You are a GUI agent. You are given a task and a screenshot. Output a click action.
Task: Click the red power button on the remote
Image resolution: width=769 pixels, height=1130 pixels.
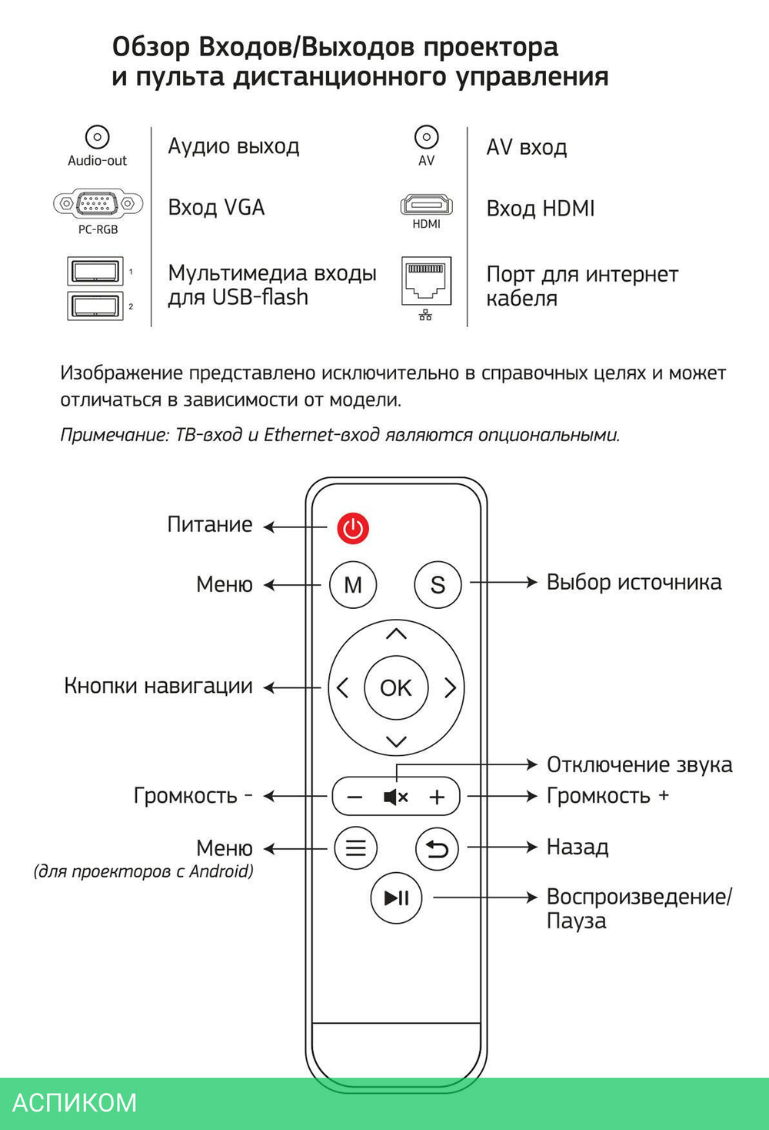(353, 528)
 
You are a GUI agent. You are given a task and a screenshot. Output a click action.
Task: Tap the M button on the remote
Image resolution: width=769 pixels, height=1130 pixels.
(353, 585)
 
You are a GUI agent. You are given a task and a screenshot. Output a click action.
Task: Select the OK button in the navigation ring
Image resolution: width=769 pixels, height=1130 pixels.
(396, 687)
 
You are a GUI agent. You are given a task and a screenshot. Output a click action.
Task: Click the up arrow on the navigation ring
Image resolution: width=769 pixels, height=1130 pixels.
(397, 634)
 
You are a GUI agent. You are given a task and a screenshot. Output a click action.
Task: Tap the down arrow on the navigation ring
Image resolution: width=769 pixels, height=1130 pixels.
(397, 741)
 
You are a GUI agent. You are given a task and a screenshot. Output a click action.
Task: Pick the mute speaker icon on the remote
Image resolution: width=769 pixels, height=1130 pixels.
(395, 797)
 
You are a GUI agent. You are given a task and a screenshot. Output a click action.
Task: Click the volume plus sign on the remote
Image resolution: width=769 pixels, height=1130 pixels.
(437, 797)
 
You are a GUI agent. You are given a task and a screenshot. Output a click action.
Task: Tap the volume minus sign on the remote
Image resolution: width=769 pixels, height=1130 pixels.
(355, 797)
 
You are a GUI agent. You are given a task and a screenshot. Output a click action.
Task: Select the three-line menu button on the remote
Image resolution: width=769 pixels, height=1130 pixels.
(356, 848)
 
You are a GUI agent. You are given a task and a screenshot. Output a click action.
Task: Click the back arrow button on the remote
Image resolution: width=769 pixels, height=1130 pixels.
(437, 848)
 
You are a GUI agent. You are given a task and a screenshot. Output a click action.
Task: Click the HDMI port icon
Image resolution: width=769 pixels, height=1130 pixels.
(426, 206)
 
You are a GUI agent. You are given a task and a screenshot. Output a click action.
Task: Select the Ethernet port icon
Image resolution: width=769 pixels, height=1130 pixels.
(426, 281)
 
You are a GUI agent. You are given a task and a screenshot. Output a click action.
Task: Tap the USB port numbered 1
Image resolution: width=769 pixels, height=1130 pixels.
(95, 272)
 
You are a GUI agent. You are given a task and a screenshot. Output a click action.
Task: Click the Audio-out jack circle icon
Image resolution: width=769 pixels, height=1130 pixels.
(97, 137)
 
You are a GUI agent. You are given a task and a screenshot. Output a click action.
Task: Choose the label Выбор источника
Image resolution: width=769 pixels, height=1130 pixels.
(634, 582)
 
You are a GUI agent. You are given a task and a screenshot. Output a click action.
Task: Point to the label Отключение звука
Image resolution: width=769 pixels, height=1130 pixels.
(640, 765)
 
